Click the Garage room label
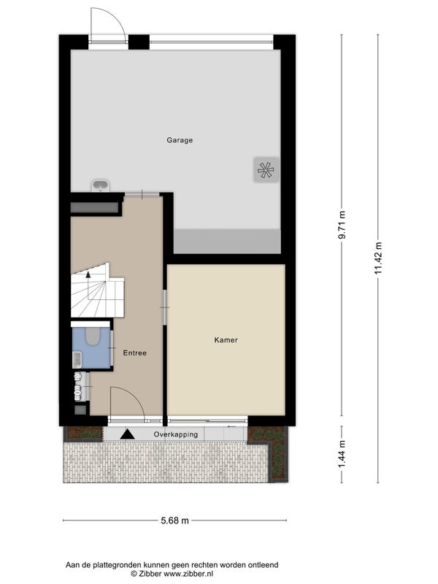[x=180, y=140]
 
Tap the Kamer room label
[x=226, y=340]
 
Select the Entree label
[x=135, y=353]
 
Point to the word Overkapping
[x=176, y=434]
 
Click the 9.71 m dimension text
[x=342, y=225]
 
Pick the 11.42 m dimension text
[x=378, y=258]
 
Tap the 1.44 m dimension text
[x=342, y=454]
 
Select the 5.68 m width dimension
[x=174, y=520]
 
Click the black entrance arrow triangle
[x=127, y=434]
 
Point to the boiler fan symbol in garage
[x=266, y=170]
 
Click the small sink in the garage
[x=100, y=185]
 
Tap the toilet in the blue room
[x=92, y=336]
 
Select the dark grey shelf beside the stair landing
[x=94, y=207]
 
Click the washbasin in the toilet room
[x=77, y=360]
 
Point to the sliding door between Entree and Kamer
[x=165, y=307]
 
